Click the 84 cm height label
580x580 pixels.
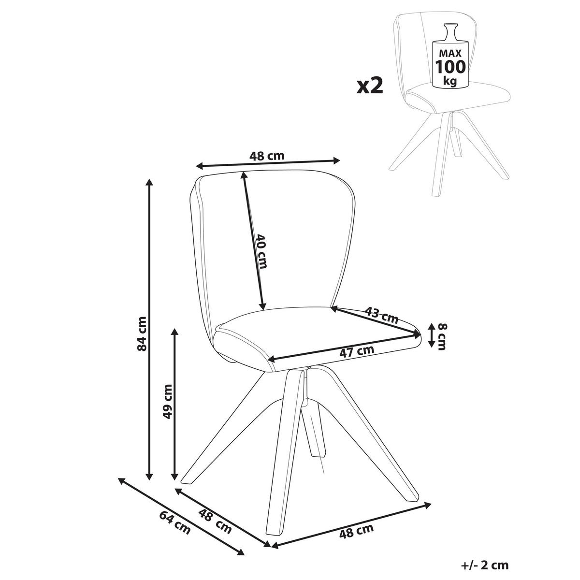click(x=142, y=333)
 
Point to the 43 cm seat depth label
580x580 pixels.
click(x=382, y=315)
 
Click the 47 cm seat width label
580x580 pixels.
click(x=357, y=351)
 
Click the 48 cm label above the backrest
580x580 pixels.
click(x=267, y=156)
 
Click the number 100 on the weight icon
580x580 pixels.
click(x=450, y=67)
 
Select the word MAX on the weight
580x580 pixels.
click(x=450, y=54)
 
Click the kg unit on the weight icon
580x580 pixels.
click(x=450, y=81)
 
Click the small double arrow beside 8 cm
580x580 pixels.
click(x=431, y=334)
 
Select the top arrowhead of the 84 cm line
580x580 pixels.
click(x=149, y=182)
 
